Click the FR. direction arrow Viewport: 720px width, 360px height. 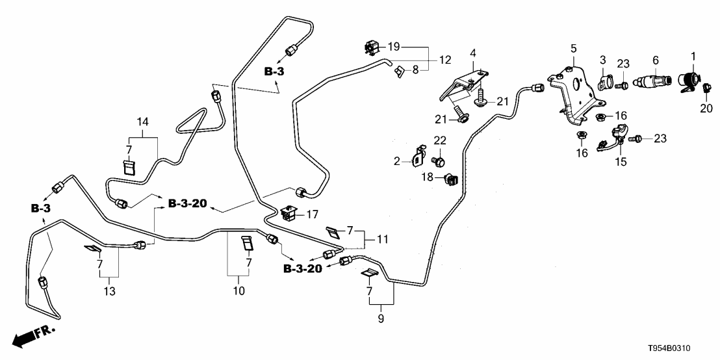point(32,337)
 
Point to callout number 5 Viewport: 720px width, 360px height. point(574,48)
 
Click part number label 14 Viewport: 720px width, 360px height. point(142,122)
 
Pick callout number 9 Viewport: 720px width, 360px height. point(381,318)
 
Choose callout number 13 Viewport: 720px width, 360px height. point(109,292)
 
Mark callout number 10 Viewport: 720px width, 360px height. point(238,291)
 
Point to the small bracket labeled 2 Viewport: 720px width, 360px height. point(417,157)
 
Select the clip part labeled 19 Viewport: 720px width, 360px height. point(371,47)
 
